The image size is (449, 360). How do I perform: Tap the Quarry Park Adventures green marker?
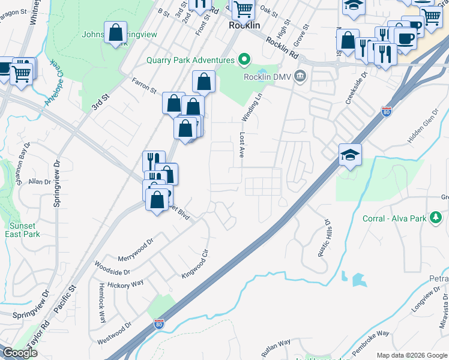tap(244, 60)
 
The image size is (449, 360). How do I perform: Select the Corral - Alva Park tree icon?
tap(436, 218)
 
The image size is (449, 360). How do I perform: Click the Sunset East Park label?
tap(24, 230)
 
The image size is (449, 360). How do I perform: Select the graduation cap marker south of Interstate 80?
tap(350, 155)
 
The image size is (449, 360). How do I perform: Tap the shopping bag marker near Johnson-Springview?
tap(115, 33)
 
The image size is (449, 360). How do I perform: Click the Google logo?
tap(20, 353)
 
